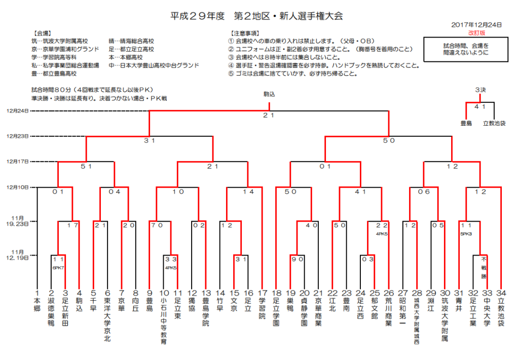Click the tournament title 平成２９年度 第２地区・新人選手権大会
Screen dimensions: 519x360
256,16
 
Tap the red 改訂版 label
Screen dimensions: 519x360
476,33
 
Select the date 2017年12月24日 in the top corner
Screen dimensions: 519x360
476,25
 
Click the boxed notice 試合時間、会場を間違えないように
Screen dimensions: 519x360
466,49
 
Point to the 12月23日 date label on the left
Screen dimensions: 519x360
18,136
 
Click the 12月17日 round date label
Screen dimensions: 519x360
18,162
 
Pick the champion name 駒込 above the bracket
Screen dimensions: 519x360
269,94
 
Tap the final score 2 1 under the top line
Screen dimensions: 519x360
269,115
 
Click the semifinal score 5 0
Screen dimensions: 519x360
389,141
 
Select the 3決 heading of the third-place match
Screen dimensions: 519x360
480,90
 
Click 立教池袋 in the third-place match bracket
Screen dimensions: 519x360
494,124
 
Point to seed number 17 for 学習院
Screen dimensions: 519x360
262,293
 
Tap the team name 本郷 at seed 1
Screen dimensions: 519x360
36,305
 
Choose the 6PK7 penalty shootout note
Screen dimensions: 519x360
58,268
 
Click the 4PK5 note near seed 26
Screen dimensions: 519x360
382,234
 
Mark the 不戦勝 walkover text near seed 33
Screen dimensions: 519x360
484,268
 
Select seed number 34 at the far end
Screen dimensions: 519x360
501,293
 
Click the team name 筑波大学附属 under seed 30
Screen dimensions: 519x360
445,319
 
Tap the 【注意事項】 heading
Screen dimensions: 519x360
245,33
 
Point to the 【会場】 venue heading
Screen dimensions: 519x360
42,33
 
